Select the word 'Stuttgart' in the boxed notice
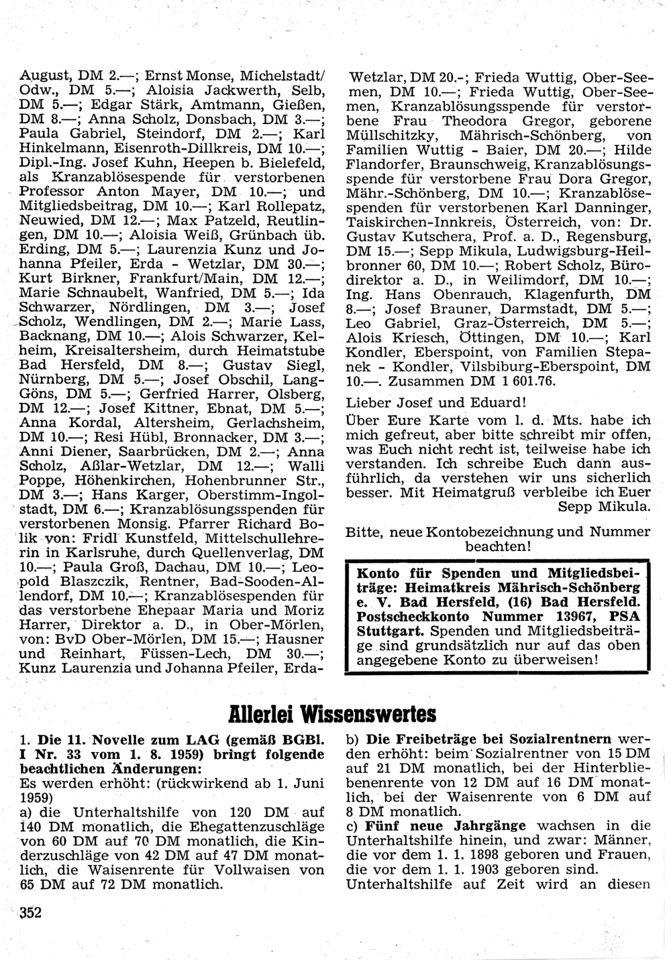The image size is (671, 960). (x=391, y=631)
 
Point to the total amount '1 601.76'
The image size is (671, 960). (x=524, y=381)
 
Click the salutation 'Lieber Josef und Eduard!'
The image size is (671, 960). (x=435, y=403)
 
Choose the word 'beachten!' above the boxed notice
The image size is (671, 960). (x=499, y=547)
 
